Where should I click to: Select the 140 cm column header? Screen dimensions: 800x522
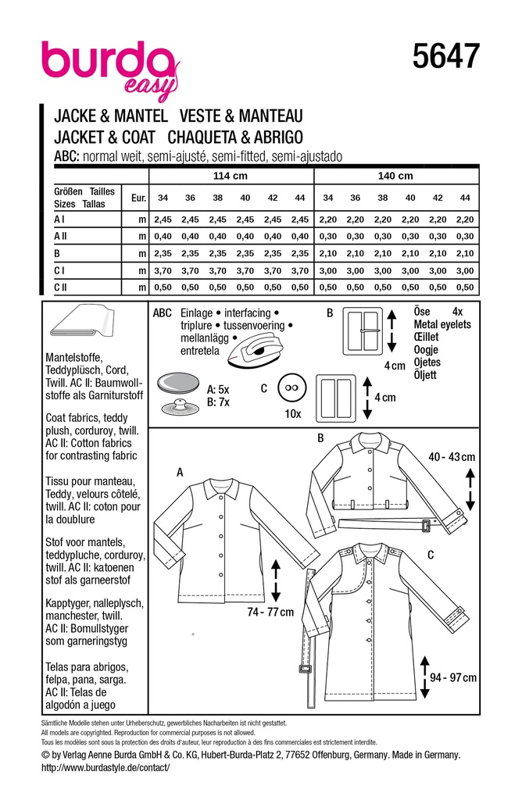pyautogui.click(x=395, y=177)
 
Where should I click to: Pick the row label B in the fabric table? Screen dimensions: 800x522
pyautogui.click(x=57, y=253)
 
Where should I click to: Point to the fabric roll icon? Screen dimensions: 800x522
pyautogui.click(x=82, y=327)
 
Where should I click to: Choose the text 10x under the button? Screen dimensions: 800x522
pyautogui.click(x=293, y=412)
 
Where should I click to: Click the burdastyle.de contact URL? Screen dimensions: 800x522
pyautogui.click(x=105, y=769)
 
